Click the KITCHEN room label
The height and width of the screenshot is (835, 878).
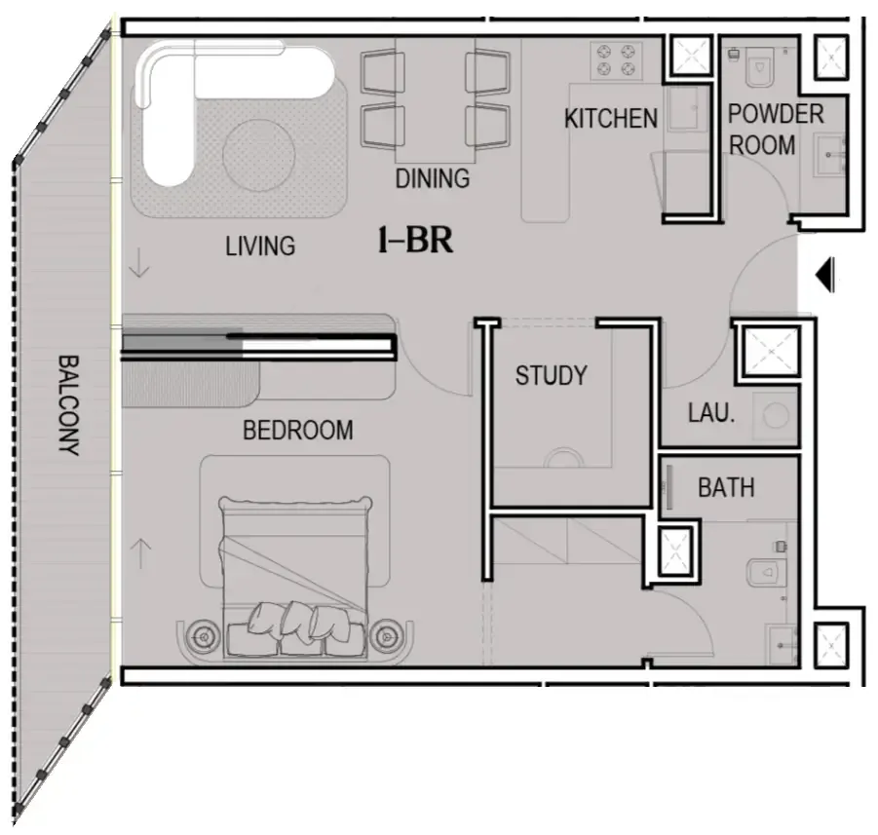coord(611,119)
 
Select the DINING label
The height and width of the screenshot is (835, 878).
coord(432,179)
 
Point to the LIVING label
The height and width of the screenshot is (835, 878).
coord(260,246)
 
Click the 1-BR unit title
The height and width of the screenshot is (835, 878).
coord(415,241)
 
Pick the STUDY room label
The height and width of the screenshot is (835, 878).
coord(551,375)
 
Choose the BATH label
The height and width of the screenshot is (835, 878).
coord(725,487)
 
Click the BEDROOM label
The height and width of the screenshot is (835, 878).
coord(297,430)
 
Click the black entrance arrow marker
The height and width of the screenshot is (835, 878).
coord(824,275)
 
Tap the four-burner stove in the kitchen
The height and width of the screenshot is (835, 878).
coord(616,59)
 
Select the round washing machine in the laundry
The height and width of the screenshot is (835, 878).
coord(777,416)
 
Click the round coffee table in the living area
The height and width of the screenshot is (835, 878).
coord(257,151)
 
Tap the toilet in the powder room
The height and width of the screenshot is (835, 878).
coord(762,68)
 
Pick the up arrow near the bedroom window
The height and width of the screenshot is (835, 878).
coord(141,553)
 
